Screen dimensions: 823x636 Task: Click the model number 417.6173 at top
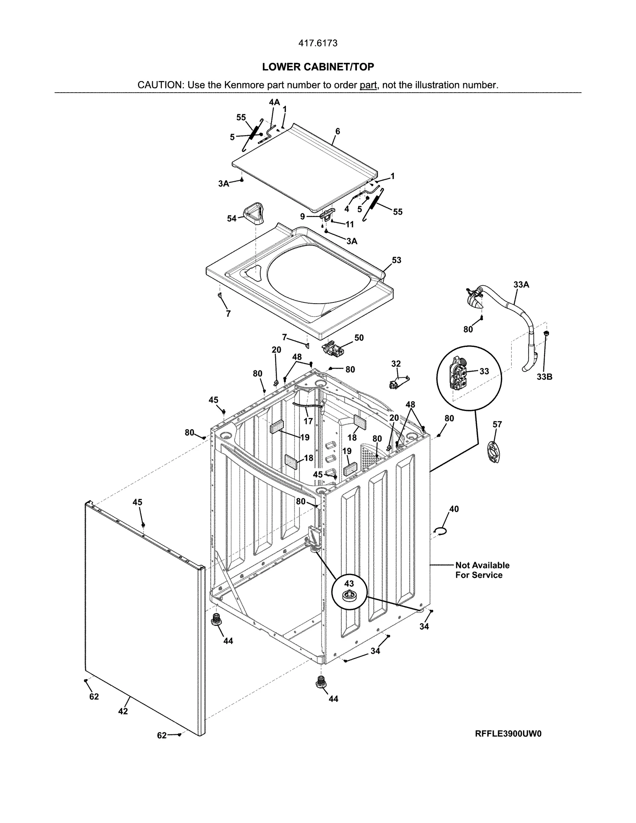[x=318, y=43]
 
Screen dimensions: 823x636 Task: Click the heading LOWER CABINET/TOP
[x=318, y=67]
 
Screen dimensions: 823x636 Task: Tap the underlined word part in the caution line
[x=368, y=85]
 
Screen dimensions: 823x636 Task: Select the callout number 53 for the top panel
[x=396, y=260]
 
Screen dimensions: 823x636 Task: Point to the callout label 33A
[x=521, y=285]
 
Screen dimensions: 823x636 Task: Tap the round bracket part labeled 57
[x=494, y=453]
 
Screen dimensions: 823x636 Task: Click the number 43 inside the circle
[x=349, y=584]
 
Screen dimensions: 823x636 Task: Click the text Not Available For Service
[x=482, y=570]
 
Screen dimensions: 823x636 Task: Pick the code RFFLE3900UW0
[x=508, y=734]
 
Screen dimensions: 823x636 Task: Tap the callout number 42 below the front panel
[x=123, y=711]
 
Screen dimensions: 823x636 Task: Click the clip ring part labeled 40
[x=441, y=531]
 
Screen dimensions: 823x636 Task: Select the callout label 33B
[x=544, y=377]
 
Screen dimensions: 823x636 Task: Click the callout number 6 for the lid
[x=337, y=131]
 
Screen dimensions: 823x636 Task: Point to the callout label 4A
[x=274, y=102]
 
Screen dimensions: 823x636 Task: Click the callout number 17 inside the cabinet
[x=308, y=421]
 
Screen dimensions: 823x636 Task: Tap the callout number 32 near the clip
[x=396, y=364]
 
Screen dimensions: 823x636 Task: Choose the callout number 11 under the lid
[x=349, y=225]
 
